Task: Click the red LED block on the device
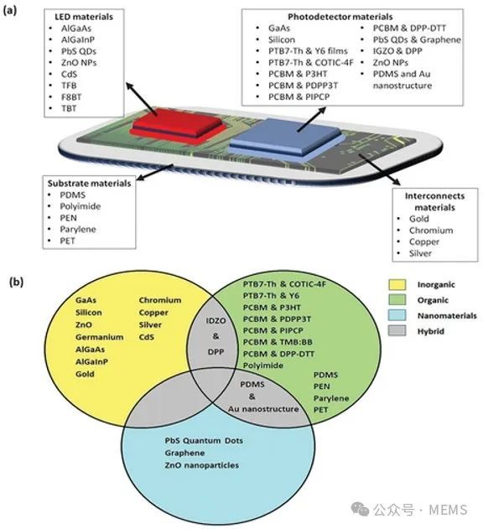point(178,126)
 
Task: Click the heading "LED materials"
point(84,17)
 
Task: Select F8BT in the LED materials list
point(71,97)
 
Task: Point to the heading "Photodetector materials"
point(340,17)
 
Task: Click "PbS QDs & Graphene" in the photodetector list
point(417,39)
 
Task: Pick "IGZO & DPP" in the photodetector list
point(397,51)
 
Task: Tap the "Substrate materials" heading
point(89,184)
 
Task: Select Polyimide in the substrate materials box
point(80,206)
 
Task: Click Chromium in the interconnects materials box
point(431,231)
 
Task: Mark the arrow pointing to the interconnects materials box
point(379,169)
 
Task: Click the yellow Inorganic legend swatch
point(397,284)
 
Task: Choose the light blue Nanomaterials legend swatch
point(397,315)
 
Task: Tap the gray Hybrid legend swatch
point(397,330)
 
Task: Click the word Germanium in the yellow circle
point(99,337)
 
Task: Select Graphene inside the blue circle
point(184,453)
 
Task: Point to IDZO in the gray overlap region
point(216,320)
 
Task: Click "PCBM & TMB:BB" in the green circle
point(278,342)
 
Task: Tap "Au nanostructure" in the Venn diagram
point(263,409)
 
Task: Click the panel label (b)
point(16,282)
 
